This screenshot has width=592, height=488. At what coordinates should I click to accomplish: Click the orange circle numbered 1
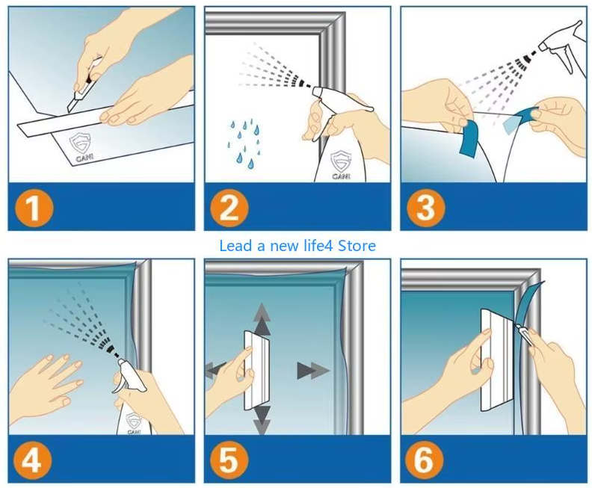tap(34, 208)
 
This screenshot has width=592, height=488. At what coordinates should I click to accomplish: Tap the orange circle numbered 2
tap(229, 208)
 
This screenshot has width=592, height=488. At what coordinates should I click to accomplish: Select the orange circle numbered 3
tap(426, 208)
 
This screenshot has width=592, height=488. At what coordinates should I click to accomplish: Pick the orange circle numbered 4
tap(32, 461)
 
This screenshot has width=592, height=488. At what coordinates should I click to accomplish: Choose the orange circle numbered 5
tap(229, 461)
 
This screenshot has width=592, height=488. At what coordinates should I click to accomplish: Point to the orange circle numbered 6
tap(425, 461)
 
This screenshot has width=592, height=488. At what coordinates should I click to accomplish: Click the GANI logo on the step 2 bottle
tap(342, 165)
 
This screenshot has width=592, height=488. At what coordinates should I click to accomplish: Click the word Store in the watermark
tap(357, 246)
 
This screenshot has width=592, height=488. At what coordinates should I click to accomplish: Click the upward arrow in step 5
tap(262, 319)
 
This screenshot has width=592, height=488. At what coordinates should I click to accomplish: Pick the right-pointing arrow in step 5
tap(313, 371)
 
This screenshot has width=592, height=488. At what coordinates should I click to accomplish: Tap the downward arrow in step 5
tap(262, 420)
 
